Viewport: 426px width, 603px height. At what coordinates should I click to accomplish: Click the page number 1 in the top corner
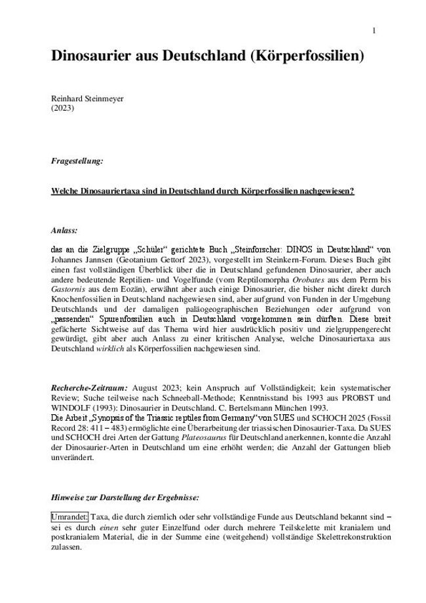pyautogui.click(x=374, y=31)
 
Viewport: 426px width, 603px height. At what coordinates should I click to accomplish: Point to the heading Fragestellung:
pyautogui.click(x=76, y=160)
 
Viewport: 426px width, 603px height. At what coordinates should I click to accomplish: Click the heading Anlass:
pyautogui.click(x=64, y=231)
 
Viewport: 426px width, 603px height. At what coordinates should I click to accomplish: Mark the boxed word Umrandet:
pyautogui.click(x=69, y=518)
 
